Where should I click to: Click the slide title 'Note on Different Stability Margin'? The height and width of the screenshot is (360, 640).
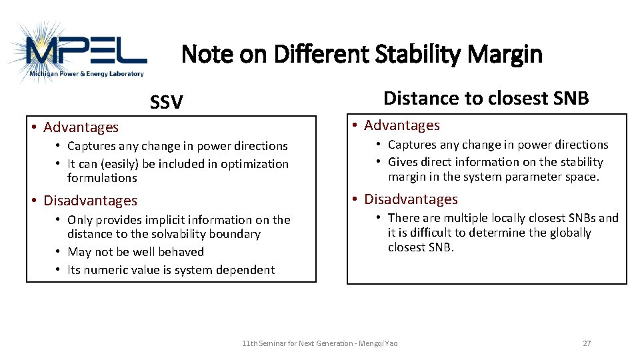click(362, 54)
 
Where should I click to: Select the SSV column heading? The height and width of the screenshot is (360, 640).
click(166, 102)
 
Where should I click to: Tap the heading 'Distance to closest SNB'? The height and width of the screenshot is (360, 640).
click(486, 99)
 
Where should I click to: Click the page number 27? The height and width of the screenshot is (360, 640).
click(587, 343)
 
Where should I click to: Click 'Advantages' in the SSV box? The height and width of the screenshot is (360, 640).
click(81, 127)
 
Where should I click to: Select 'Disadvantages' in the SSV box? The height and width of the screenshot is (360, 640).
click(90, 201)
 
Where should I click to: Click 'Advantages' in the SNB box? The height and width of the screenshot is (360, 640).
click(401, 125)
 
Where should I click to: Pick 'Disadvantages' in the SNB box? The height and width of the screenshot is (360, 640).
click(411, 199)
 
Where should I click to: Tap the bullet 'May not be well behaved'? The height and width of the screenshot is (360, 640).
click(135, 252)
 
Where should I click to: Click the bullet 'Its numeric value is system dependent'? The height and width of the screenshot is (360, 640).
click(171, 270)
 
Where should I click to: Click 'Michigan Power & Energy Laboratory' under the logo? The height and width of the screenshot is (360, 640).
click(87, 74)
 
